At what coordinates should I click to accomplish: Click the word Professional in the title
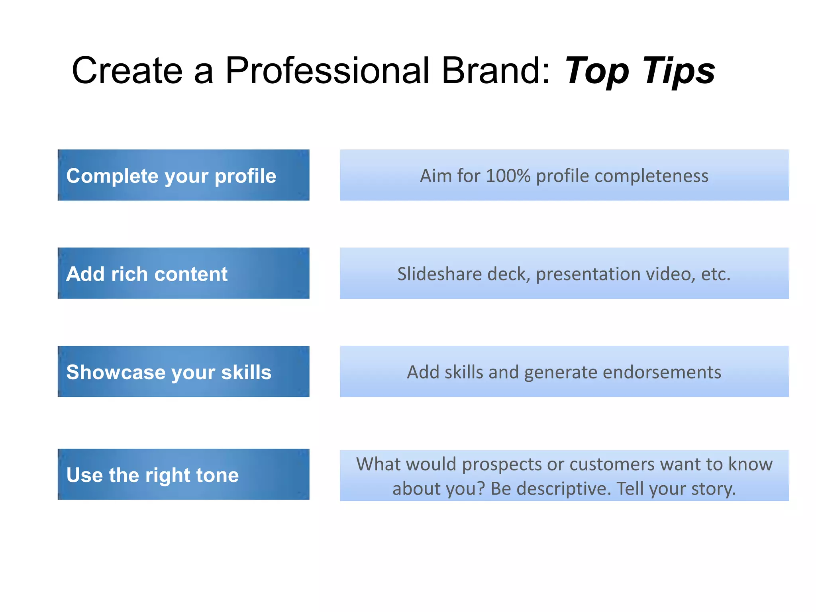pos(327,71)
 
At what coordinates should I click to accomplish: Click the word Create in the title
pos(127,71)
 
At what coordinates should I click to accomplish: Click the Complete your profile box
pos(183,175)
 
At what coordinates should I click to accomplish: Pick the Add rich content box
pos(183,273)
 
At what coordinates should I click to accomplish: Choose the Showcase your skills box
pos(183,371)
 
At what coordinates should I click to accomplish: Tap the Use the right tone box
pos(183,474)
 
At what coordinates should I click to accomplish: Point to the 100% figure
pos(508,176)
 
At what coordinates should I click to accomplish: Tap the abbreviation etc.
pos(716,274)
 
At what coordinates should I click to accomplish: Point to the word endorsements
pos(662,372)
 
